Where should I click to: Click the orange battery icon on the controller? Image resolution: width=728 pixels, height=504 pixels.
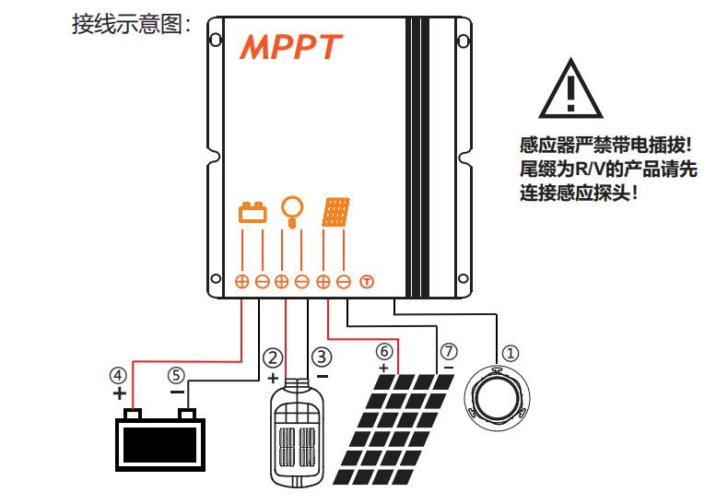click(252, 214)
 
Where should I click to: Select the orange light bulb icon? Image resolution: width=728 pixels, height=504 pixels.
click(292, 211)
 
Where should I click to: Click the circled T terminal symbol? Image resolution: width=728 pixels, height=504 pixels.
click(365, 281)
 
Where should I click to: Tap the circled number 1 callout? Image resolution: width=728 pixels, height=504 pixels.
click(511, 352)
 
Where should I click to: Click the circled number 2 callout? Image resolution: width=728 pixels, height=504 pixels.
click(272, 357)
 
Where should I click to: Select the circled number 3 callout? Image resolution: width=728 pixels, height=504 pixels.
click(321, 357)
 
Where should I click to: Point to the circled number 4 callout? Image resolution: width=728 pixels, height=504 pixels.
click(118, 375)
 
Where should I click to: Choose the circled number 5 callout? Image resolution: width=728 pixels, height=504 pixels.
click(176, 375)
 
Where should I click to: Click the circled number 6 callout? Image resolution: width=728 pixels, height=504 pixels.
click(384, 351)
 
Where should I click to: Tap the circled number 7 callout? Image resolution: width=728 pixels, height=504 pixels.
click(448, 351)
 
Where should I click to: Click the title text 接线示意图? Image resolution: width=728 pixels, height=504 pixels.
click(131, 24)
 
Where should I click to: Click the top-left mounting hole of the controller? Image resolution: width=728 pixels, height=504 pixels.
click(215, 41)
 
